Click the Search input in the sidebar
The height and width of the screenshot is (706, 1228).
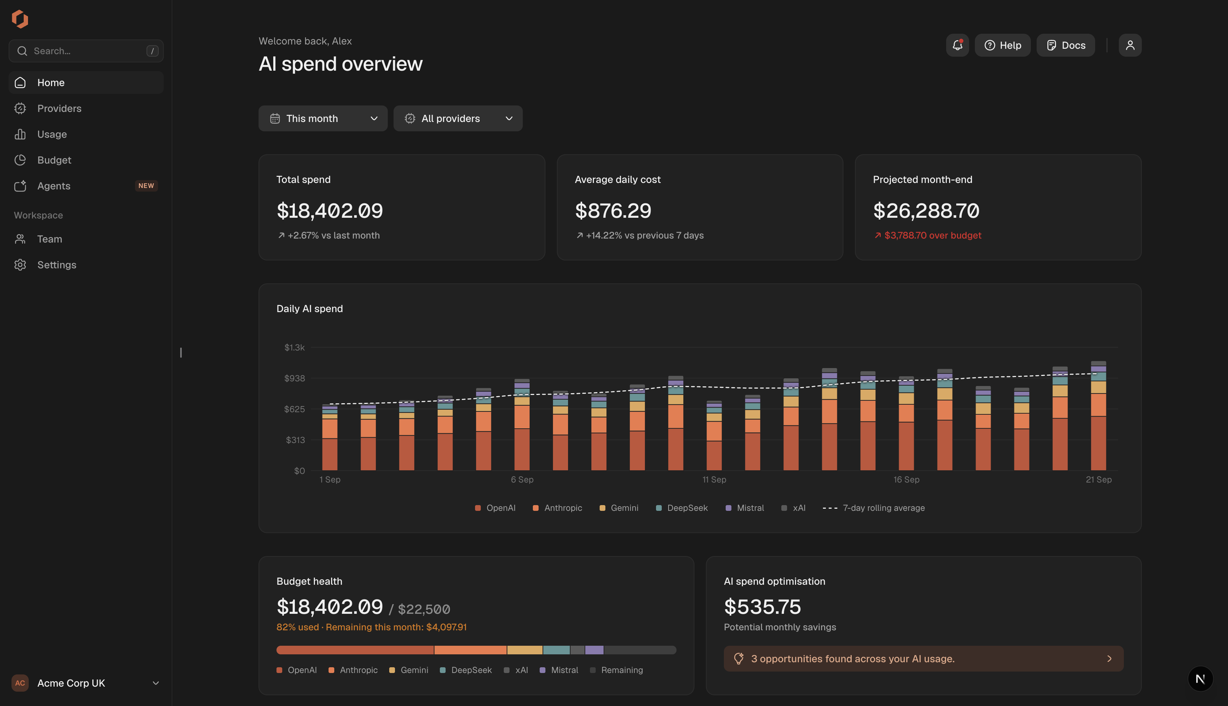coord(86,51)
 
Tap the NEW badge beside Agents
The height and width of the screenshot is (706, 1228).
coord(146,186)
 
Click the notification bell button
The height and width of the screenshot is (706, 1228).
coord(957,45)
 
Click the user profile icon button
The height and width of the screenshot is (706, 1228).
coord(1130,45)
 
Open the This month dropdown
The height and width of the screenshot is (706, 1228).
coord(323,118)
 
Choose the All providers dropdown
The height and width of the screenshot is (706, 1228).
coord(458,118)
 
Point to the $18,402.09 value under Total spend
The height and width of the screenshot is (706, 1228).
coord(330,211)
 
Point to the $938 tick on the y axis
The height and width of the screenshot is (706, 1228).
coord(294,378)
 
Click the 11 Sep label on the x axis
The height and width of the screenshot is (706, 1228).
coord(714,480)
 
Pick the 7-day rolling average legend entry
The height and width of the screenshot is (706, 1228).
coord(874,508)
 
